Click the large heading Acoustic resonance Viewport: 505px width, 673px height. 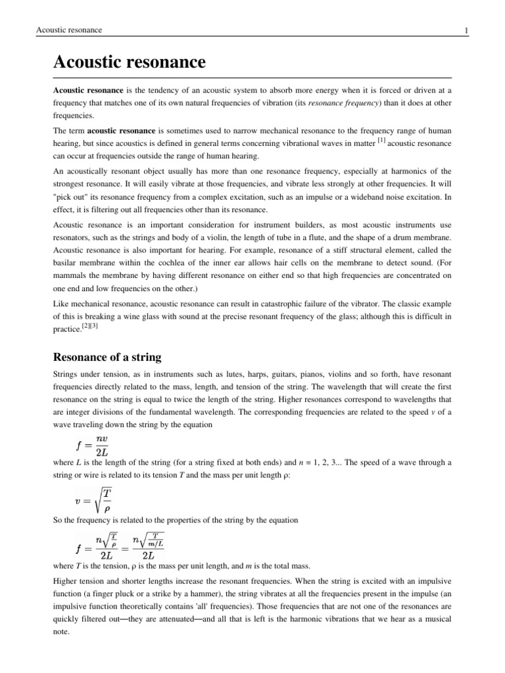pyautogui.click(x=129, y=62)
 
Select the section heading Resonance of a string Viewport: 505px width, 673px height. pyautogui.click(x=107, y=357)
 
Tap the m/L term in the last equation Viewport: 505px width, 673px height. pyautogui.click(x=155, y=543)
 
